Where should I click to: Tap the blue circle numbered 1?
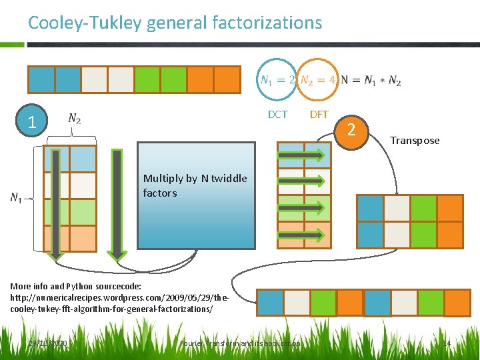tap(31, 121)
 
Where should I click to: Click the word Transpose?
tap(415, 141)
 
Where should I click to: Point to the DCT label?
tap(277, 115)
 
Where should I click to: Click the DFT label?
tap(319, 115)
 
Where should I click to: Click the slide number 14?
tap(447, 343)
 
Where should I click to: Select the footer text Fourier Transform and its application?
tap(240, 343)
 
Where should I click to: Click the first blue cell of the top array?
tap(41, 79)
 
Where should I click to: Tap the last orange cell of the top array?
tap(227, 79)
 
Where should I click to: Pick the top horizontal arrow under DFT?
tap(301, 156)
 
